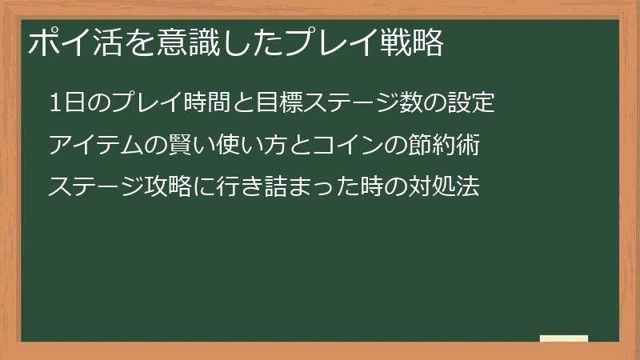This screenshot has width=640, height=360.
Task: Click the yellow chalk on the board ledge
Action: [564, 338]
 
